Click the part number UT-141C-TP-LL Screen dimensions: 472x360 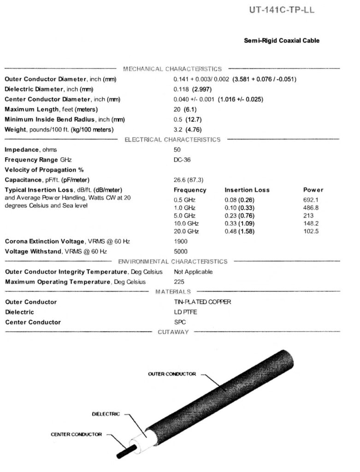pos(282,10)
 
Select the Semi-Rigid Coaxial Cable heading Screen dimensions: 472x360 pos(281,41)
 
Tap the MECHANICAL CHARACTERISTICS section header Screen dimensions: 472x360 pos(172,69)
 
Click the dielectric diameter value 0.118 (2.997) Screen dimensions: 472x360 pos(192,89)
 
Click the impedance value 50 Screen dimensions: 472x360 pos(177,150)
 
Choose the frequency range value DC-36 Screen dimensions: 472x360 pos(182,160)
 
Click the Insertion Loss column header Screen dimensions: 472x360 pos(247,190)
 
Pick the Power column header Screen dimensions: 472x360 pos(313,190)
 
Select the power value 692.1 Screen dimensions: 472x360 pos(311,200)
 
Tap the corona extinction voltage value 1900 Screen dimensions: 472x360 pos(181,242)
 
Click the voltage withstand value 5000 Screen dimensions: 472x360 pos(181,252)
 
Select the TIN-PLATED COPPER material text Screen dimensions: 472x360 pos(202,302)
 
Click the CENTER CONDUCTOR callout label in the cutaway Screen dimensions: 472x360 pos(76,434)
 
